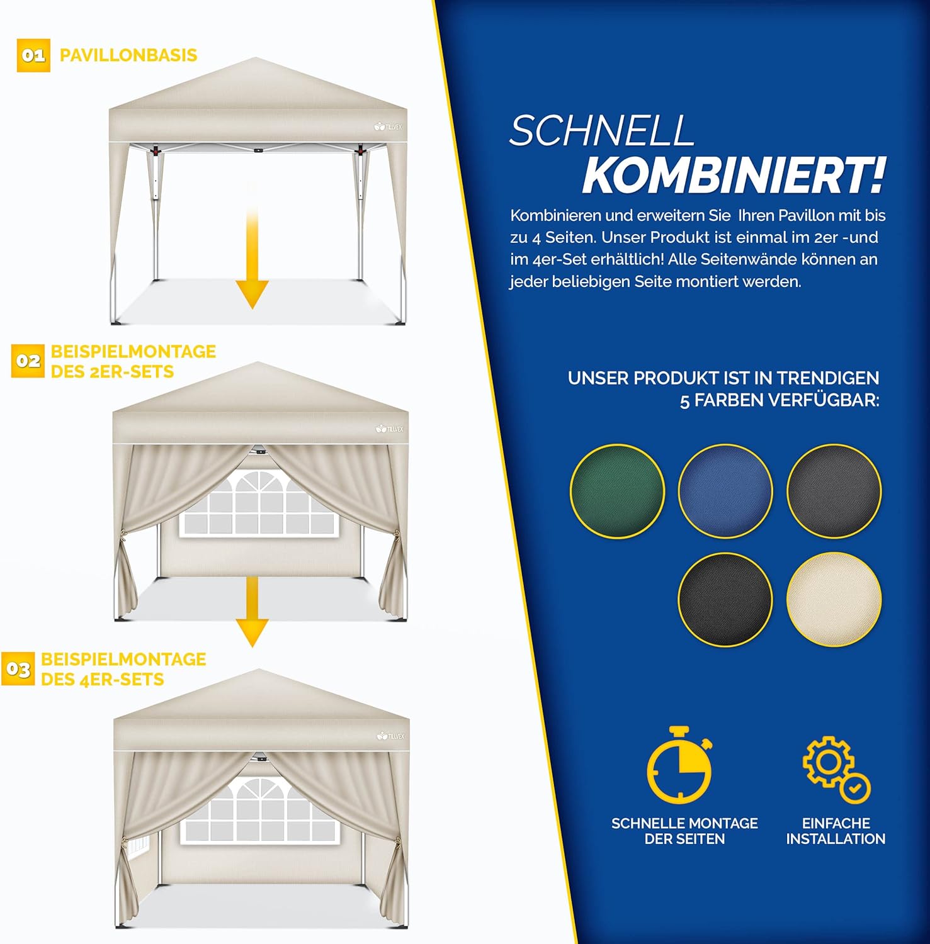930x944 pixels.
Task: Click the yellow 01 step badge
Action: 33,55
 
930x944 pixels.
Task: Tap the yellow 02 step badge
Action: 28,361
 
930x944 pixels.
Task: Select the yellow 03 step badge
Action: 18,669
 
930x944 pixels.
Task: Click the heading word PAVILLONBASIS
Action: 128,55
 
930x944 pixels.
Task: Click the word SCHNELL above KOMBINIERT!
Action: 601,131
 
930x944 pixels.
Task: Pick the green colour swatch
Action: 618,491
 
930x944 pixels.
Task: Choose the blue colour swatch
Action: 725,491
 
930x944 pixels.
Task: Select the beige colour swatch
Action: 834,599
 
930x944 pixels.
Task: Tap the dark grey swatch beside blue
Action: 834,491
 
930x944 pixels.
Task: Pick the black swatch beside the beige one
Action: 725,599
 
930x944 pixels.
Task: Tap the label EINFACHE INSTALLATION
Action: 836,831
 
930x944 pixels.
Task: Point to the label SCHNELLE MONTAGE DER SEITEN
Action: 684,831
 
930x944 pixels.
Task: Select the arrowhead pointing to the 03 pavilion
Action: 252,633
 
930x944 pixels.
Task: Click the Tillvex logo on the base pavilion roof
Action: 388,126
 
